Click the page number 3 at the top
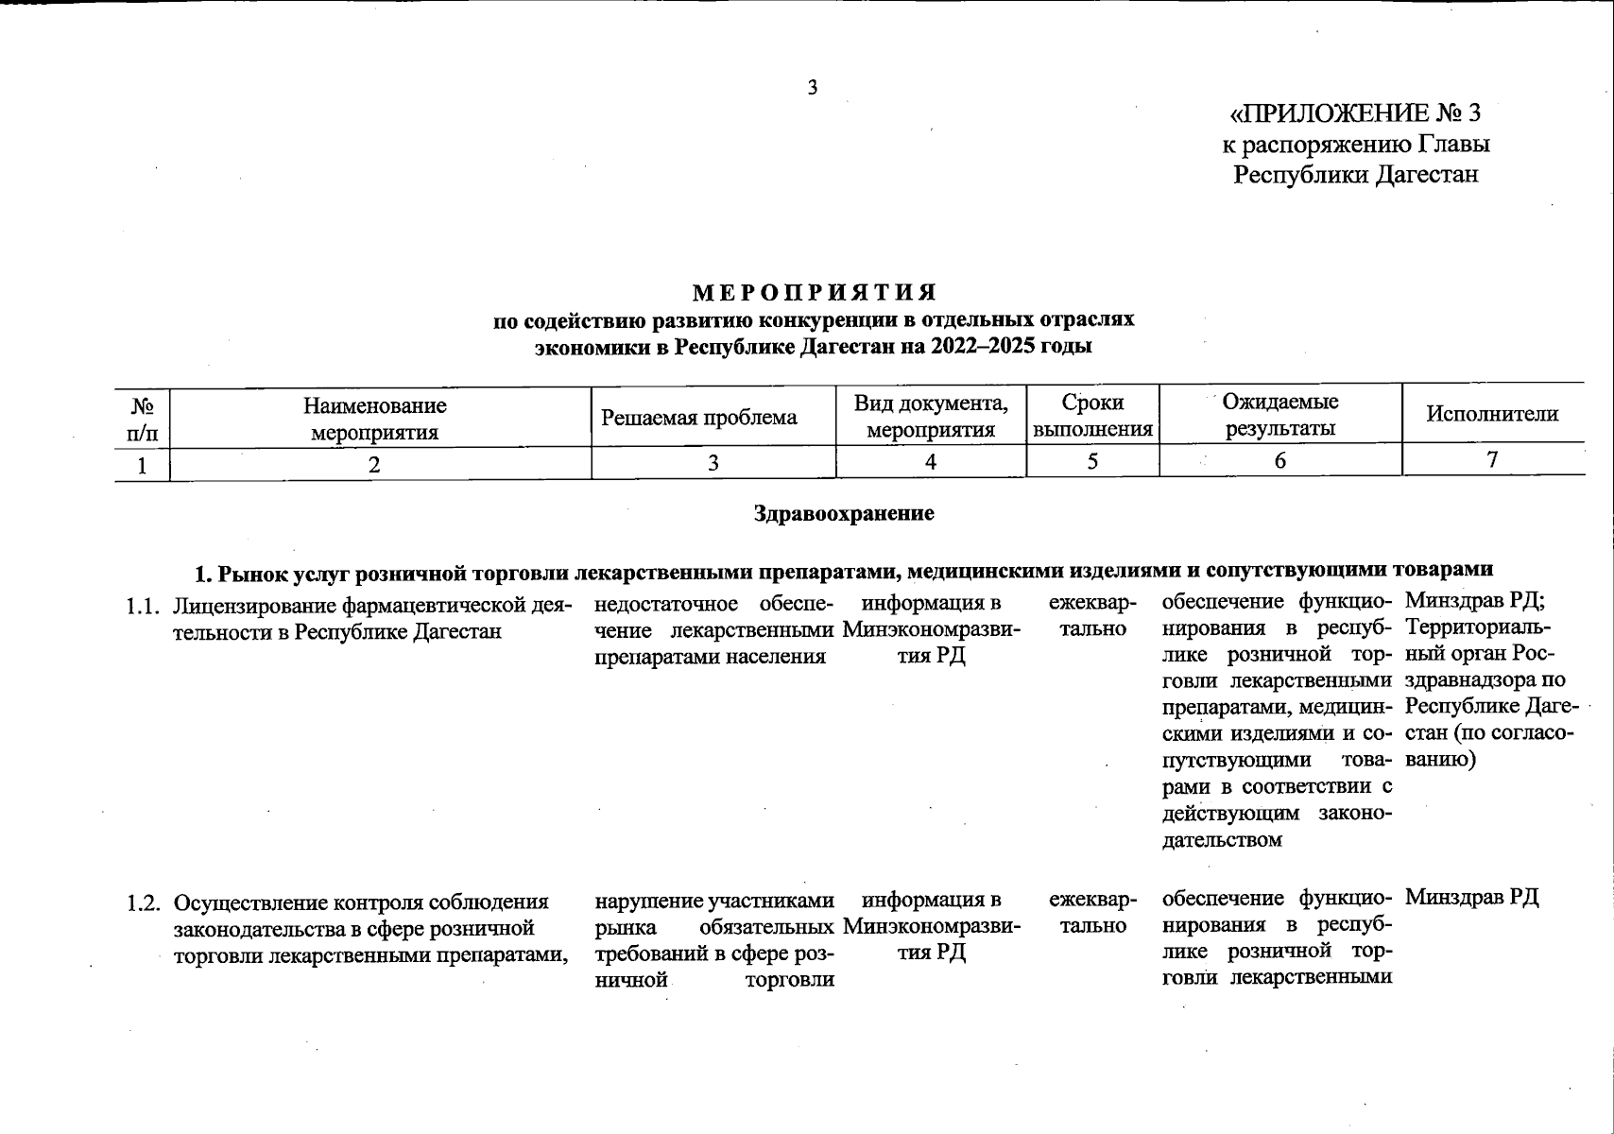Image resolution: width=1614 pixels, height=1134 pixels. pos(812,88)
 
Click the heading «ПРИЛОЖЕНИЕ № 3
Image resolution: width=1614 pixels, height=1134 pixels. pos(1354,114)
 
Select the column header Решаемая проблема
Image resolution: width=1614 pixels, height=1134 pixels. pos(699,418)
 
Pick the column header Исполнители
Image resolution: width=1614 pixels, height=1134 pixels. pos(1492,414)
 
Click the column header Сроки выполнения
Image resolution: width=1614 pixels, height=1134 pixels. pos(1092,416)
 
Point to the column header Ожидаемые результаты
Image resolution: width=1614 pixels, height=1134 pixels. pos(1280,416)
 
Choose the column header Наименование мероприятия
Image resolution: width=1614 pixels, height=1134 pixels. pos(375,419)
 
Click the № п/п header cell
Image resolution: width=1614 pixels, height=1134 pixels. pos(143,419)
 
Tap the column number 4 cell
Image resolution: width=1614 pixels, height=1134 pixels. pos(931,462)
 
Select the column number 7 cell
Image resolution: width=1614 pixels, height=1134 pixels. pos(1492,460)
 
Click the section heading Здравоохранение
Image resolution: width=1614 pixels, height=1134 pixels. pos(844,513)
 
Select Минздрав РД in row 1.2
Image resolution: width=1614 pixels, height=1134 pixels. pos(1471,898)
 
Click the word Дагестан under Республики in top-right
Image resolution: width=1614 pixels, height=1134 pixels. pos(1425,175)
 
